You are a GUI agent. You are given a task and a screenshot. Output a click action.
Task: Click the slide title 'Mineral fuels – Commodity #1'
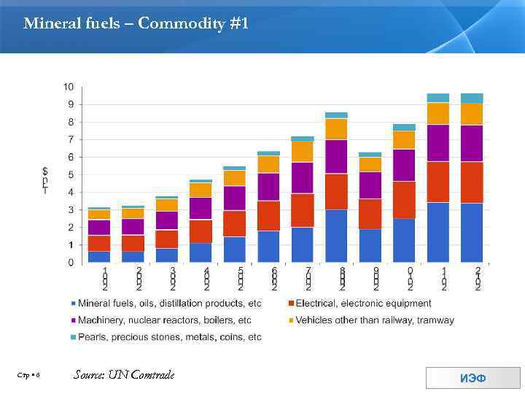pyautogui.click(x=136, y=24)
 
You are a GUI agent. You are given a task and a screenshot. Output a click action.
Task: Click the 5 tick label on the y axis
pyautogui.click(x=70, y=174)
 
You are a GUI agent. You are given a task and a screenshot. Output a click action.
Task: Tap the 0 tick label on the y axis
pyautogui.click(x=70, y=262)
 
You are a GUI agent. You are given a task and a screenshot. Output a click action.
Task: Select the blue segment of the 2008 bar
pyautogui.click(x=336, y=236)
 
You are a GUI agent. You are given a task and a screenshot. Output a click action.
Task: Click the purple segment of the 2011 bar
pyautogui.click(x=437, y=143)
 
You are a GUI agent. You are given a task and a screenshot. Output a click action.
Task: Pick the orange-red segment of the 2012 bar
pyautogui.click(x=472, y=182)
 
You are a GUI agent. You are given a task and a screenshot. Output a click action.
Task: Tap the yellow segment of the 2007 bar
pyautogui.click(x=302, y=152)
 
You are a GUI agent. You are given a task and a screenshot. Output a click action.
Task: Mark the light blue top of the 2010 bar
pyautogui.click(x=404, y=127)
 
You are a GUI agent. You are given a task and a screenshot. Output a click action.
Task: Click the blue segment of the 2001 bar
pyautogui.click(x=99, y=256)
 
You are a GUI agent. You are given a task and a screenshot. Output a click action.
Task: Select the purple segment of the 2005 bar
pyautogui.click(x=234, y=198)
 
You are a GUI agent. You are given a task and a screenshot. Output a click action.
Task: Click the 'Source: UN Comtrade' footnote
pyautogui.click(x=124, y=375)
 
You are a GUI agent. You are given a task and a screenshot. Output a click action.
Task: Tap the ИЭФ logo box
pyautogui.click(x=472, y=378)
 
